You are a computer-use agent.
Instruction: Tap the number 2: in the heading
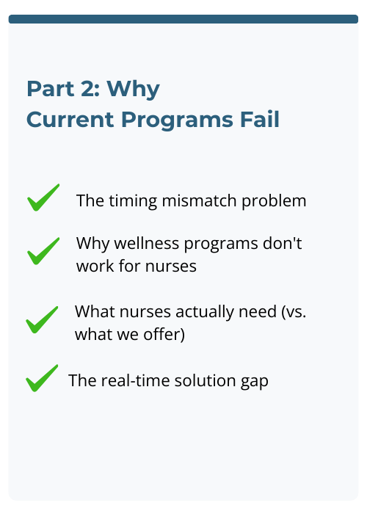tap(90, 88)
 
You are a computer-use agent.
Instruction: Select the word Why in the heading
tap(136, 88)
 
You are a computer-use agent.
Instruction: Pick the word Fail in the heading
tap(259, 119)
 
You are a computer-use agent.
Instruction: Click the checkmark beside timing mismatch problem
tap(43, 198)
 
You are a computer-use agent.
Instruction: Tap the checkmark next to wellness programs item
tap(43, 250)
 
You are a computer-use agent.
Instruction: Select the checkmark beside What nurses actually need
tap(43, 320)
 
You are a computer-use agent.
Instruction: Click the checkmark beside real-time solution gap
tap(42, 378)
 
